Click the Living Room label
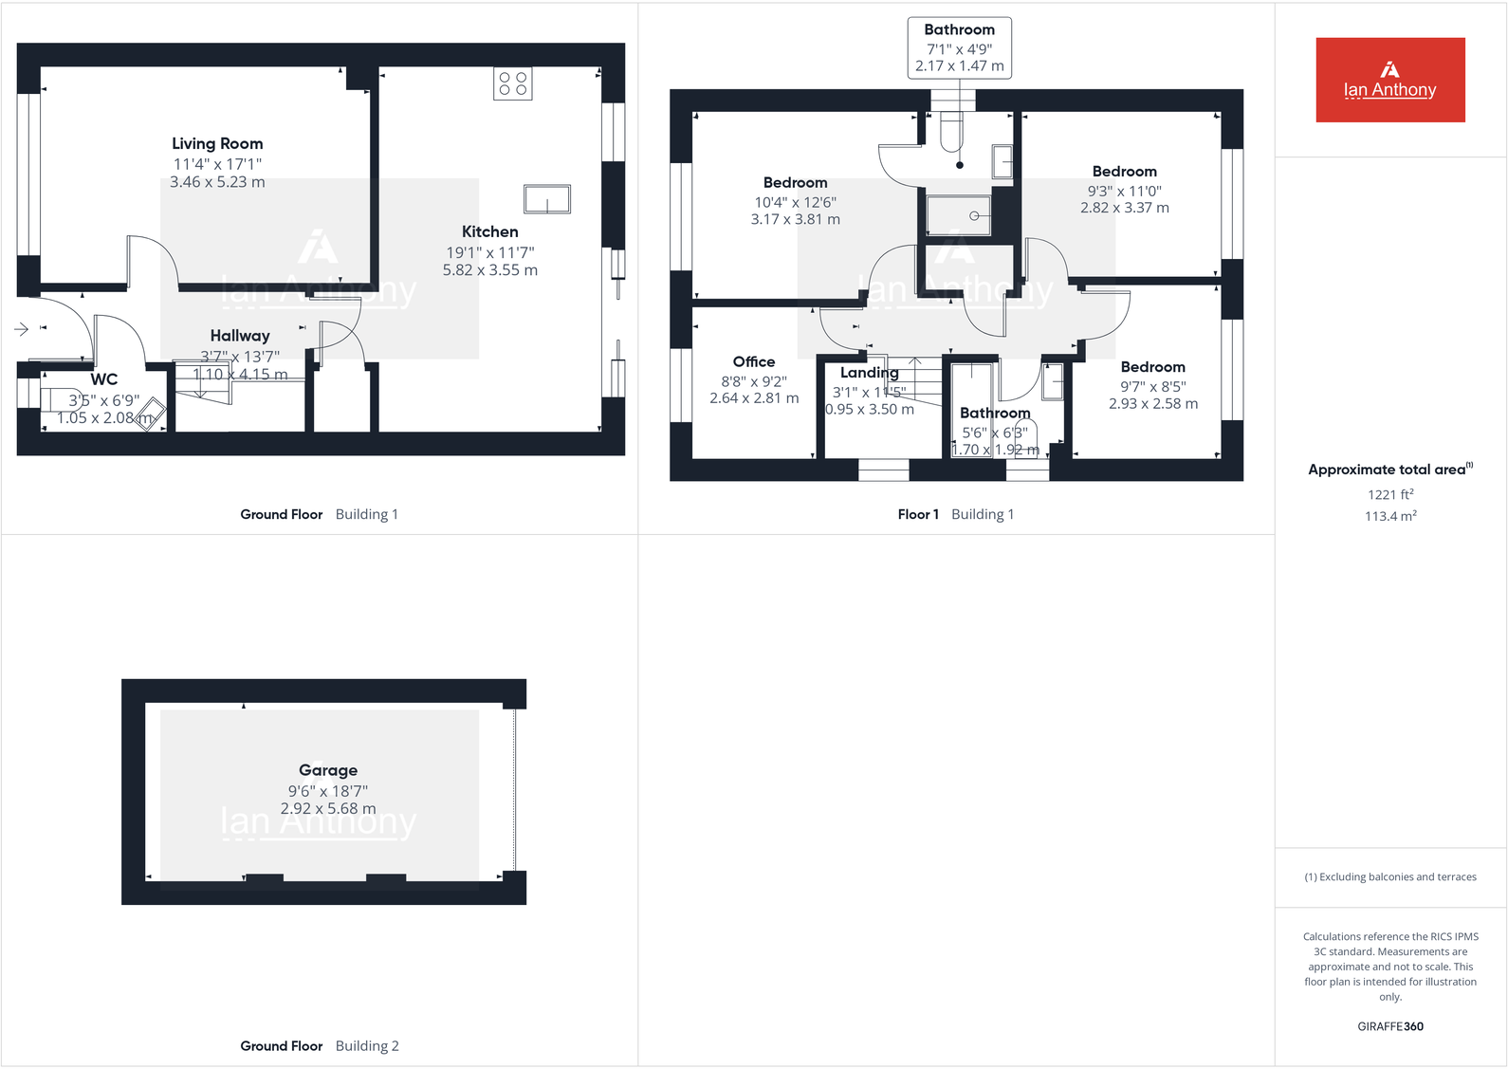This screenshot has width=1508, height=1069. coord(217,143)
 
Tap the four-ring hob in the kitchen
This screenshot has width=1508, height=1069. coord(512,83)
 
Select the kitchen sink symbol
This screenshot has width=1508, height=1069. coord(547,199)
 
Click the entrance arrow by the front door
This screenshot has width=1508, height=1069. coord(22,329)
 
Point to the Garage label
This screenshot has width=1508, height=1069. coord(328,770)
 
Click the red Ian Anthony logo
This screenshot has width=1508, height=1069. coord(1389,80)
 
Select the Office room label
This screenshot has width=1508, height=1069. coord(754,361)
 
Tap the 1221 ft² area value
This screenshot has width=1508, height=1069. coord(1390,494)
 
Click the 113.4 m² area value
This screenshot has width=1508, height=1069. coord(1390,516)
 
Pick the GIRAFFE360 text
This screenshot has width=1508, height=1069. coord(1390,1026)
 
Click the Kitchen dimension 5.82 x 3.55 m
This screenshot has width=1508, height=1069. coord(490,270)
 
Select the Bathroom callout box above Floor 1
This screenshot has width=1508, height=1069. coord(960,47)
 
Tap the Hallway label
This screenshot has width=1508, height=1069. coord(240,336)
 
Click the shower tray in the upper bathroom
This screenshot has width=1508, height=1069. coord(959,215)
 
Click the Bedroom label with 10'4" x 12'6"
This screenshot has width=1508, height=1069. coord(795,182)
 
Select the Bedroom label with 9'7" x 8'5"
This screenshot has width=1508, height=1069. coord(1153,367)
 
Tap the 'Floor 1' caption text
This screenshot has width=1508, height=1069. coord(918,514)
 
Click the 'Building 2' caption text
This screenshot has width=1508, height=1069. coord(367,1046)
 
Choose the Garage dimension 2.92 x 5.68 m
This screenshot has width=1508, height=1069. coord(328,809)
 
